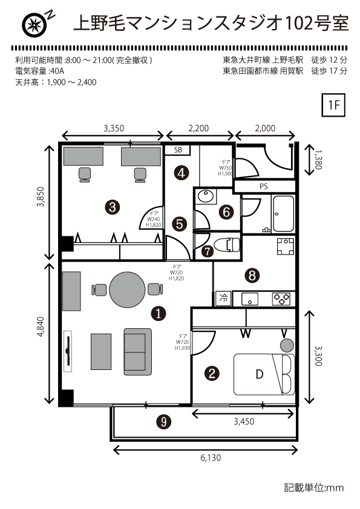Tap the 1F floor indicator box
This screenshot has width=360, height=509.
click(333, 105)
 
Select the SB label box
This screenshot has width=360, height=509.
click(178, 150)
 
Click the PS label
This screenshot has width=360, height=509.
click(264, 187)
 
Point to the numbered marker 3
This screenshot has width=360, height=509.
click(113, 207)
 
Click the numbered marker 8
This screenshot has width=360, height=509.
click(252, 276)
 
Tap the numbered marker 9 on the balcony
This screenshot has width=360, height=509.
click(164, 421)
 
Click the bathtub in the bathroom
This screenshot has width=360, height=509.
click(283, 213)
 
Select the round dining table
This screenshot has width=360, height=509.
click(127, 290)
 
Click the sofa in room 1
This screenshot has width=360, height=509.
click(137, 352)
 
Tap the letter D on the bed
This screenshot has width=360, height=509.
click(260, 374)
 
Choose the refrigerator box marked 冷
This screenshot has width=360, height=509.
click(223, 298)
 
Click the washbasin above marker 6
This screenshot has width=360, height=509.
click(205, 196)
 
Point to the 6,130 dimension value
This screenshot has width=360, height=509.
click(211, 458)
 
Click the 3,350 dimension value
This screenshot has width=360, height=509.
click(114, 129)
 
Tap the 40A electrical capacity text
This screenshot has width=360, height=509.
click(57, 71)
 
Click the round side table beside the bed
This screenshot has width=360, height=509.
click(287, 345)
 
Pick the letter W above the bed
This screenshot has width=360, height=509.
click(246, 333)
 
